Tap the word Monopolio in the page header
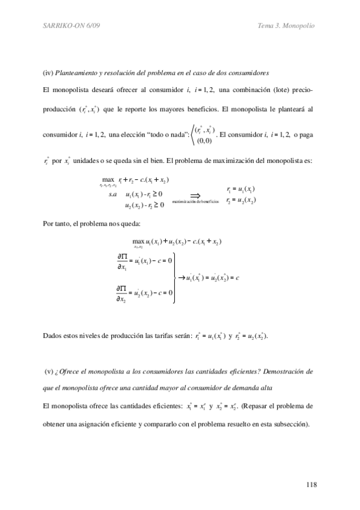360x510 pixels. [299, 26]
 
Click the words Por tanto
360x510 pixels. [60, 224]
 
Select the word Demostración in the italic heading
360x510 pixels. [283, 372]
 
